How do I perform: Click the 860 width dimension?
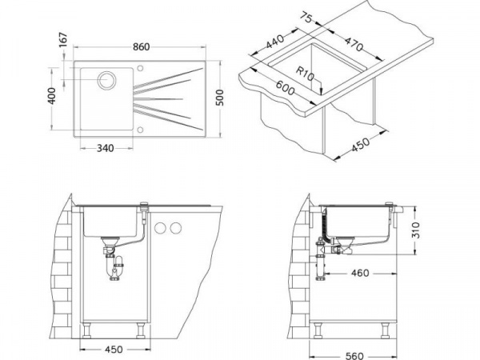coord(141,47)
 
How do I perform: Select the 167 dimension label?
coord(63,40)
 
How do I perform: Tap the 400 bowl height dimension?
coord(52,96)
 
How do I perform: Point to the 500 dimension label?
coord(219,98)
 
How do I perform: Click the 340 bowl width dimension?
coord(106,148)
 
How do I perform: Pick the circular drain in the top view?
coord(107,80)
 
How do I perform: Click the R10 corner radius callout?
coord(306,74)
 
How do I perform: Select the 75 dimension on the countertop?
coord(306,17)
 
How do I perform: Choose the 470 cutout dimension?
coord(354,44)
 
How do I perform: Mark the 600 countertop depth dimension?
coord(285,88)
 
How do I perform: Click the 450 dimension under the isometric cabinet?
coord(360,144)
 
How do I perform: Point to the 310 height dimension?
coord(415,230)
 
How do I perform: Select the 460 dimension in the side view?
coord(360,273)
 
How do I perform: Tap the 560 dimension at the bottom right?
coord(354,356)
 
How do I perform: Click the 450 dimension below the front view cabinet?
coord(114,350)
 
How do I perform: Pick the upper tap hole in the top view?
coord(140,68)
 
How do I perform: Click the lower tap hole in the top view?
coord(140,130)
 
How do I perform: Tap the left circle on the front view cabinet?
coord(160,228)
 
